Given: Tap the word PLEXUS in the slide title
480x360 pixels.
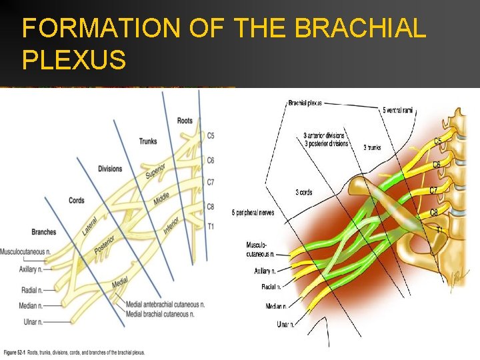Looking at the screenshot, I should (74, 60).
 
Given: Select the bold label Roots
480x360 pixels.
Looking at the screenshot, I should (185, 121).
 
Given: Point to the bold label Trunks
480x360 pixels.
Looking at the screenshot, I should (148, 141).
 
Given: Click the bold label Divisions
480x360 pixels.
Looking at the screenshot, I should (110, 169).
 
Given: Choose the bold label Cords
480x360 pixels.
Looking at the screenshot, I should (76, 201).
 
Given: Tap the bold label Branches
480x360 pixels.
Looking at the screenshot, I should (44, 232).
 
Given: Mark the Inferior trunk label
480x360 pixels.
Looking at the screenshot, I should (171, 224).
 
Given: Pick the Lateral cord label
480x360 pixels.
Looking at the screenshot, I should (90, 225).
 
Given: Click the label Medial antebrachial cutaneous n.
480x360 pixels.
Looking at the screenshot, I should (165, 305).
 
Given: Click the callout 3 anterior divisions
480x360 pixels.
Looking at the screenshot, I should (325, 136).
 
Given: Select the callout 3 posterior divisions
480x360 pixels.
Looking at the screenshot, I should (326, 143).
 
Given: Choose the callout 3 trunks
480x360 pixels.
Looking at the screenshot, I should (372, 148).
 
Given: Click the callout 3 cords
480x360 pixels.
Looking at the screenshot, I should (303, 193).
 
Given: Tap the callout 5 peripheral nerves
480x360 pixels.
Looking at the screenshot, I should (253, 213).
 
